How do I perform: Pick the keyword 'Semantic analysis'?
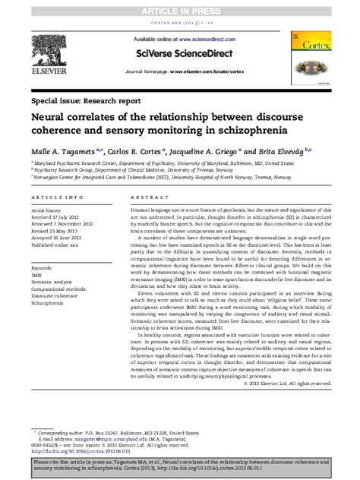(55, 283)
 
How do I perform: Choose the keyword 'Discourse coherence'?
(59, 297)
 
